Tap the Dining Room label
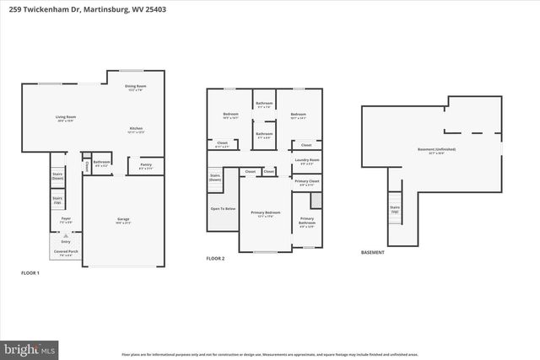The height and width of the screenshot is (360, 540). tap(136, 88)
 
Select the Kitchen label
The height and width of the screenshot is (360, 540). tap(136, 131)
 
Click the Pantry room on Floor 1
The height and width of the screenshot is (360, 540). tap(145, 167)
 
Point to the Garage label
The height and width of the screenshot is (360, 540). tap(123, 221)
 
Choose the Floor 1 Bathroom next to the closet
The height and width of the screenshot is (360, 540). tap(102, 163)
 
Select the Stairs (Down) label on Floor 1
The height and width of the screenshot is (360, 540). tap(57, 177)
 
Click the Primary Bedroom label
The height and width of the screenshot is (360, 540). tap(265, 214)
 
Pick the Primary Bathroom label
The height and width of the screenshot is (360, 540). tap(307, 223)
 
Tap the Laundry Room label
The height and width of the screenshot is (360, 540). tap(307, 161)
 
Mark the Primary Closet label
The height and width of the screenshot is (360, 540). tap(307, 182)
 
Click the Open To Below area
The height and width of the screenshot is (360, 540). tap(223, 208)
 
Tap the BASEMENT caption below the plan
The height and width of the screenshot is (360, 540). tap(372, 252)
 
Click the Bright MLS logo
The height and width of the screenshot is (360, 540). tap(29, 347)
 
